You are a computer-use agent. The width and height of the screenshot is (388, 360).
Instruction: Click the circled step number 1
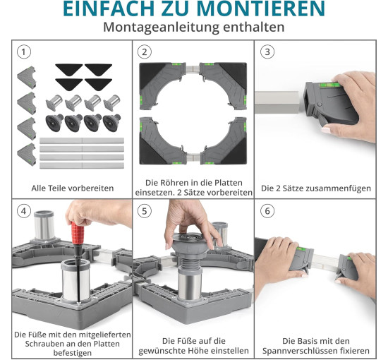pyautogui.click(x=24, y=52)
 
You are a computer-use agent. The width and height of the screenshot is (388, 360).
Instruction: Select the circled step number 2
pyautogui.click(x=144, y=52)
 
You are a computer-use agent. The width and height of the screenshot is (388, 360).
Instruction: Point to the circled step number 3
pyautogui.click(x=267, y=52)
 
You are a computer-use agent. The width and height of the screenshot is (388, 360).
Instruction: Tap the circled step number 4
pyautogui.click(x=24, y=211)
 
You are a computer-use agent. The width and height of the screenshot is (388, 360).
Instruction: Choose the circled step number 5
pyautogui.click(x=144, y=211)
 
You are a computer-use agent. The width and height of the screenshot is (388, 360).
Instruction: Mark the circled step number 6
pyautogui.click(x=267, y=211)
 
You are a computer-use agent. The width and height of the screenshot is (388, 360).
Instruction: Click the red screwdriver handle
pyautogui.click(x=78, y=233)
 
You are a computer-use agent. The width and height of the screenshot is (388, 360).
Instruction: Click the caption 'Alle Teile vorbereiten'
pyautogui.click(x=73, y=188)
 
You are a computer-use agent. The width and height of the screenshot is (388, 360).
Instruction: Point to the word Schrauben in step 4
pyautogui.click(x=42, y=344)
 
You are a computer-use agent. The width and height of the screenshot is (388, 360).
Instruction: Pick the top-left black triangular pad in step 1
pyautogui.click(x=69, y=68)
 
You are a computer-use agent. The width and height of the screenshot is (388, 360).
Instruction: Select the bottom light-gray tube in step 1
pyautogui.click(x=82, y=165)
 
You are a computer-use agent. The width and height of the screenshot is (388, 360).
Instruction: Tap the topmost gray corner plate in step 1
pyautogui.click(x=27, y=77)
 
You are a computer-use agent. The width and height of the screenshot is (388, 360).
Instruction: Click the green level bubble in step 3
pyautogui.click(x=330, y=85)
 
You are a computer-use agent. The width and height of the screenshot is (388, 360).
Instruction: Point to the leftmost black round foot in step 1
pyautogui.click(x=54, y=122)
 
